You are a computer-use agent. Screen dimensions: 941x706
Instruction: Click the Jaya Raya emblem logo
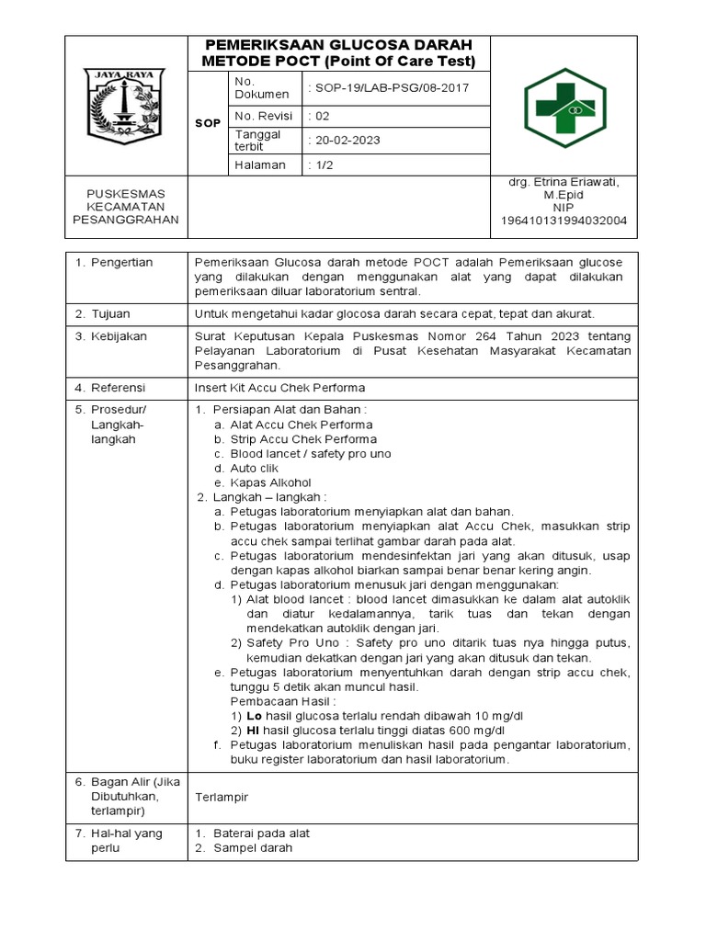[125, 105]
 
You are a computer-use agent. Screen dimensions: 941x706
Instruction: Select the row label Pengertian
[120, 263]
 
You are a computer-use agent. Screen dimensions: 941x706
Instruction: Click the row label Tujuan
[111, 314]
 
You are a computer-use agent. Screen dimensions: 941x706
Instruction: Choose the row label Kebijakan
[119, 336]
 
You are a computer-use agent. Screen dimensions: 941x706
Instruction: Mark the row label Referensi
[119, 388]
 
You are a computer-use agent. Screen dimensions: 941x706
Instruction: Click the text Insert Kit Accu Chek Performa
[280, 388]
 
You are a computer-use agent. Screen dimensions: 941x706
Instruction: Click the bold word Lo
[254, 716]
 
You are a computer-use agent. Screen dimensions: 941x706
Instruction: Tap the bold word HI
[253, 731]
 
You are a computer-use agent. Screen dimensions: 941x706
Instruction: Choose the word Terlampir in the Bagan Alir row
[222, 797]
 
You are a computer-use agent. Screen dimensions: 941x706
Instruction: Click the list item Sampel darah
[253, 848]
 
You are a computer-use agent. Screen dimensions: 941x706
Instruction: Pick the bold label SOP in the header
[208, 123]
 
